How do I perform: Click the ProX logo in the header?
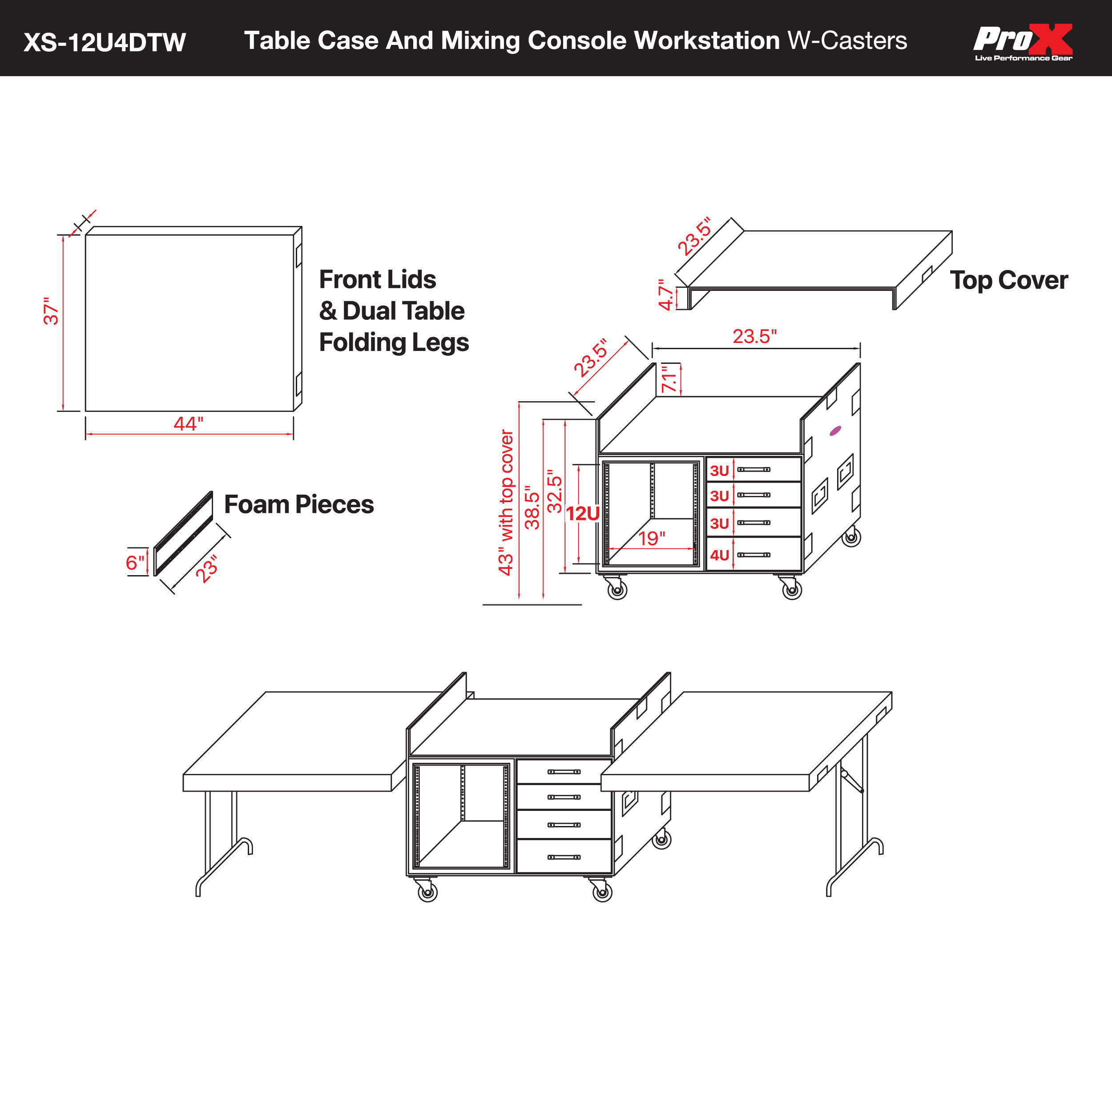(x=1023, y=41)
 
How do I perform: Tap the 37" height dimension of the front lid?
(x=51, y=311)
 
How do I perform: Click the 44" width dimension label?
(x=188, y=423)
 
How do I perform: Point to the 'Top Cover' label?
(x=1008, y=280)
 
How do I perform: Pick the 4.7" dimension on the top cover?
(x=666, y=295)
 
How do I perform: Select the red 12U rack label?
(x=583, y=513)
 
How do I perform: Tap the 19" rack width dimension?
(x=652, y=538)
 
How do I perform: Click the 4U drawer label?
(x=719, y=555)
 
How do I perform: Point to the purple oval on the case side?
(x=835, y=431)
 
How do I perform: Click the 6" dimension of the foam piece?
(x=135, y=562)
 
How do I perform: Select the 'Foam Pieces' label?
(x=299, y=504)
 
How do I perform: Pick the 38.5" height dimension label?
(x=532, y=507)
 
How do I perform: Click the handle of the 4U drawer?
(x=753, y=555)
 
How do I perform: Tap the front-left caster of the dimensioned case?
(x=617, y=590)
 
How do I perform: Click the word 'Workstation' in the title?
(x=706, y=41)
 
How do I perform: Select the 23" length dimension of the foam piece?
(x=207, y=568)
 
